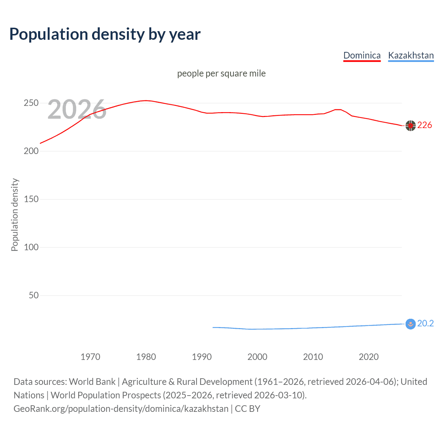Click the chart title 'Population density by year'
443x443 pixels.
pos(105,34)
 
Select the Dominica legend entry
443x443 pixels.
pos(362,55)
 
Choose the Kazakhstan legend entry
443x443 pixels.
pos(411,55)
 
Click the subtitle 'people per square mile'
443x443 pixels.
pos(221,73)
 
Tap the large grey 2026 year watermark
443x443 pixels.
pos(77,109)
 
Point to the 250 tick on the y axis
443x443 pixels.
pos(31,103)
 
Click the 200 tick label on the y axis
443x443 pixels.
pos(31,151)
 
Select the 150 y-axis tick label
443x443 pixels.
pos(31,199)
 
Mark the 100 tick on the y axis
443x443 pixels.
pos(31,247)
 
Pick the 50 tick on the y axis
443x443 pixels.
pos(34,296)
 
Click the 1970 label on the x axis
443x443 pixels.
pos(90,357)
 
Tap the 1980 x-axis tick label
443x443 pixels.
pos(146,357)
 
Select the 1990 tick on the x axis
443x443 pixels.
pos(202,357)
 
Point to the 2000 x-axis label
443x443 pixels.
pos(257,357)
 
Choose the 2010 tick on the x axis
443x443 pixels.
pos(313,357)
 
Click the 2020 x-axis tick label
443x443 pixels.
pos(369,357)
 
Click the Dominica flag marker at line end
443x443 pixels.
pos(410,126)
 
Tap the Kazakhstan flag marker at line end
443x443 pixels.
pos(410,324)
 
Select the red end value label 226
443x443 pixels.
pos(425,125)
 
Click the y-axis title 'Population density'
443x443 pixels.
pos(15,215)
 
